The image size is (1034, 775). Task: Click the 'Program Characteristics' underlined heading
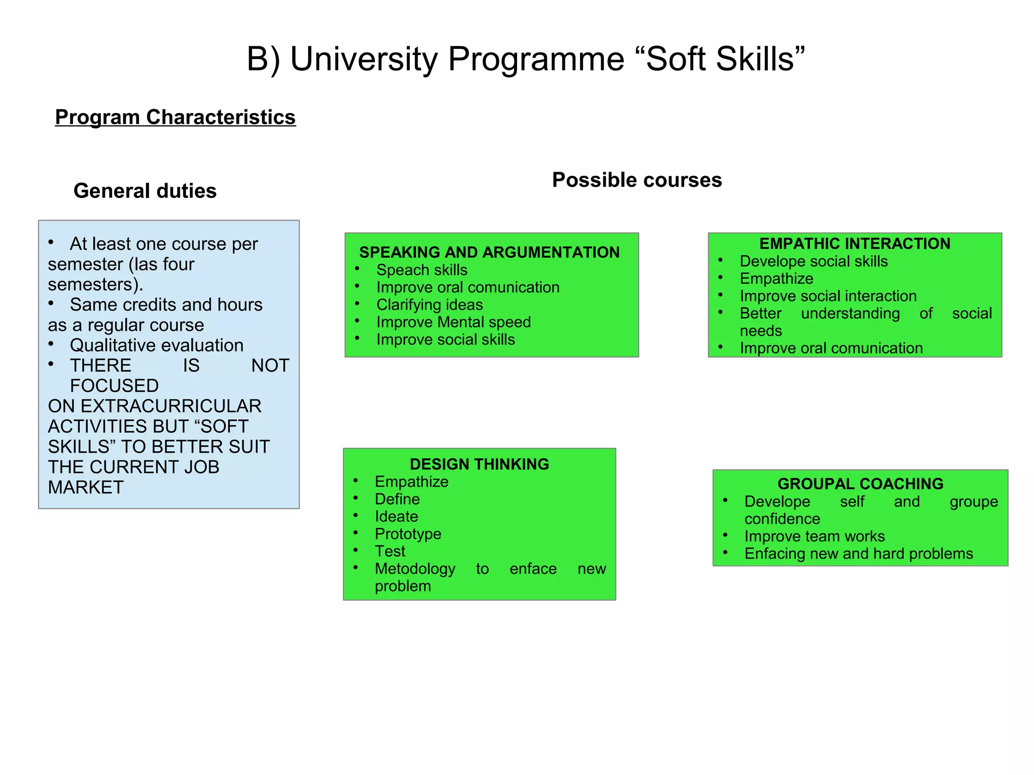coord(175,117)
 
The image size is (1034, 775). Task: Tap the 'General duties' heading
coord(145,191)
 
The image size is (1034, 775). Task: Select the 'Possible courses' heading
coord(637,180)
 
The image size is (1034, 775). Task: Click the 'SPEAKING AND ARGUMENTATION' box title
coord(489,252)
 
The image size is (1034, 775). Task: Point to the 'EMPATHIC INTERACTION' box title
coord(855,243)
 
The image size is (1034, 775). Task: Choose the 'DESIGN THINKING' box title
coord(479,464)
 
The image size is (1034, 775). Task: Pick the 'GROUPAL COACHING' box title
coord(860,484)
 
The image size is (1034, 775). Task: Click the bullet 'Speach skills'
coord(422,270)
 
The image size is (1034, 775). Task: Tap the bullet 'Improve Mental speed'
coord(453,322)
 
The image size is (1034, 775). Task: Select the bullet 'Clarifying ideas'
coord(430,305)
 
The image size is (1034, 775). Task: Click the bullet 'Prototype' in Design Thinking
coord(408,534)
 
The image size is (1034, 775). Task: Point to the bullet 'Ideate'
coord(396,516)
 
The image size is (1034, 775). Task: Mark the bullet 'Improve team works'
coord(814,536)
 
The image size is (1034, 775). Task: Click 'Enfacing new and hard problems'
coord(858,554)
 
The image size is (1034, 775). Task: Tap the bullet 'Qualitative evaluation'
coord(157,345)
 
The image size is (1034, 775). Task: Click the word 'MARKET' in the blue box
coord(86,488)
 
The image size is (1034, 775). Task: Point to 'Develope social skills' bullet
coord(813,262)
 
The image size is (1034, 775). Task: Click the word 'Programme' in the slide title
coord(536,59)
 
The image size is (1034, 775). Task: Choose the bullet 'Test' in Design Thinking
coord(390,551)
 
